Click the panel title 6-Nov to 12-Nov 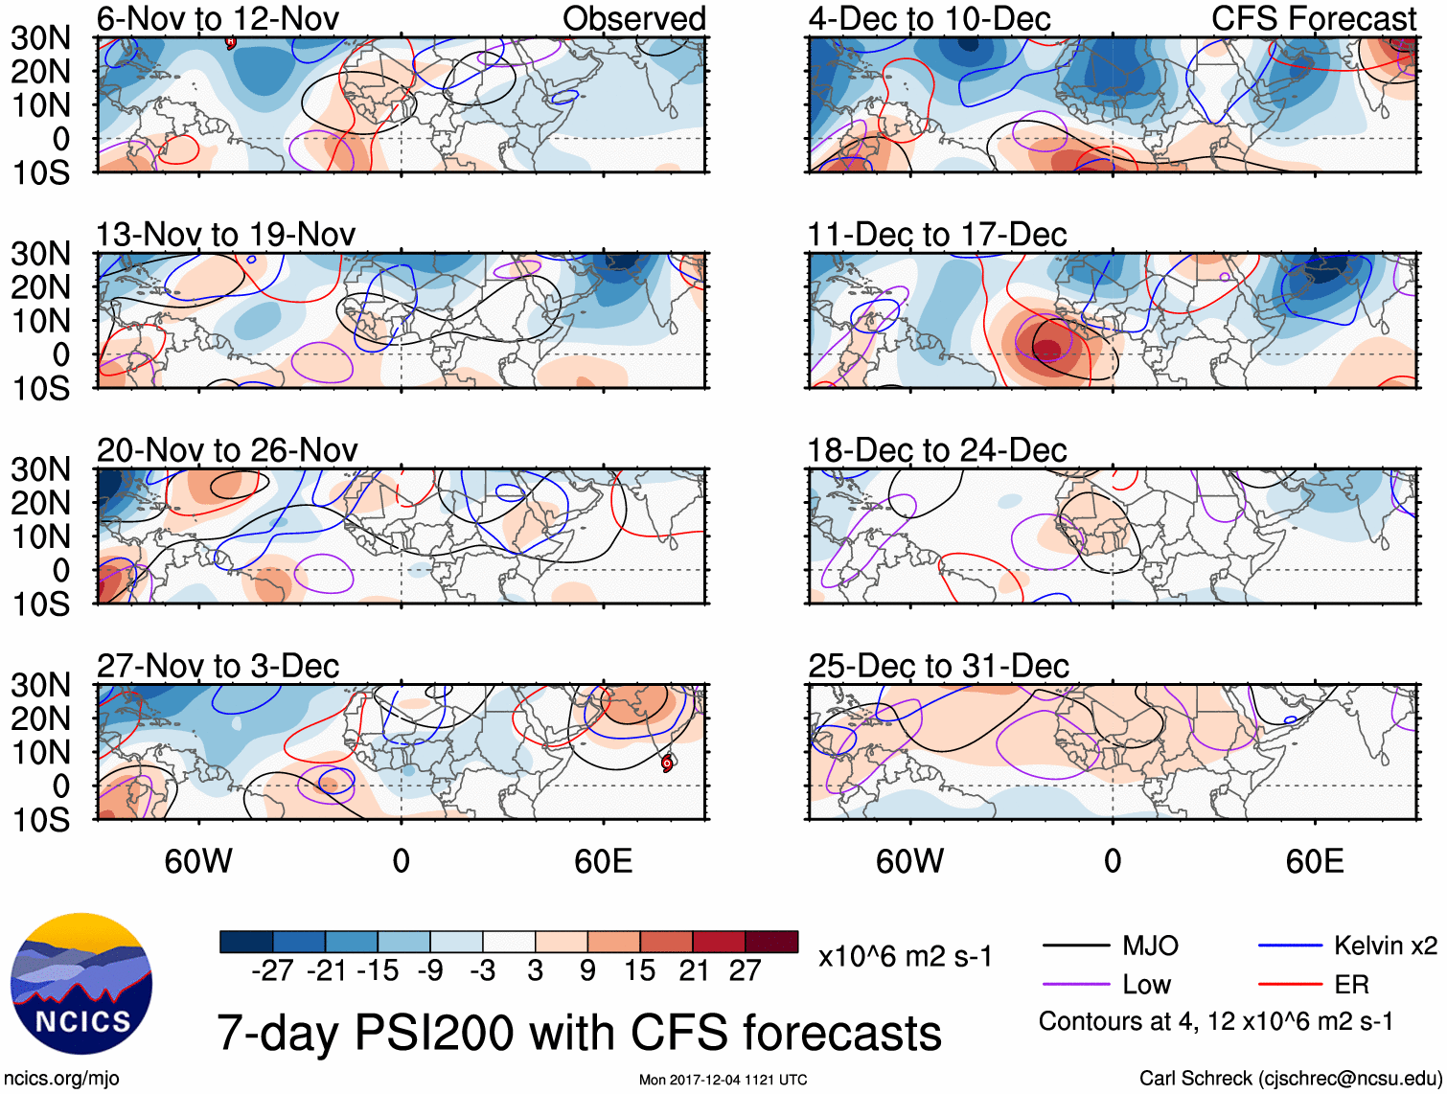point(218,18)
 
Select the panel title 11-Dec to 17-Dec point(936,235)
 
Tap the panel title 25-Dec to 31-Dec point(937,666)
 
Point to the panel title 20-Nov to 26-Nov point(227,450)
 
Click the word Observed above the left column point(633,18)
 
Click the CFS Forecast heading point(1313,18)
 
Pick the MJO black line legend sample point(1075,946)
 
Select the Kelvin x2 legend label point(1385,946)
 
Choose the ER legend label point(1351,985)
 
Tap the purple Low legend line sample point(1075,985)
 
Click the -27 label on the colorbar point(272,971)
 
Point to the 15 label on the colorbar point(639,971)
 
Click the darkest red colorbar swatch point(771,942)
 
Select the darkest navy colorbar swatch point(246,942)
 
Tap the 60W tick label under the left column point(198,861)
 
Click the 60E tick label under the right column point(1314,861)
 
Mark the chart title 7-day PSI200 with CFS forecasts point(579,1033)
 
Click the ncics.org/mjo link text point(61,1079)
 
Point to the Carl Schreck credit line point(1290,1079)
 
